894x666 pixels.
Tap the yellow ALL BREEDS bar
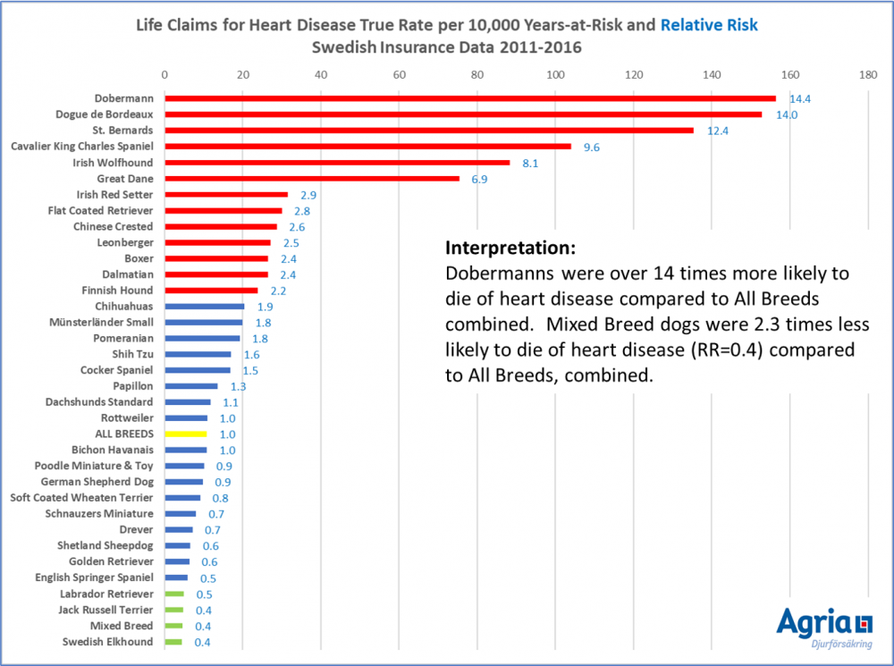(186, 434)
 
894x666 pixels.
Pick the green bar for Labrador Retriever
(174, 594)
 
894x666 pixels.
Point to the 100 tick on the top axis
(555, 75)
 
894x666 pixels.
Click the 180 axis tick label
(868, 75)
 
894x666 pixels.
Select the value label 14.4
(798, 99)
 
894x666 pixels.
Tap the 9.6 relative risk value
(591, 148)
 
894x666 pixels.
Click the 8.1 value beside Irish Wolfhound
(529, 164)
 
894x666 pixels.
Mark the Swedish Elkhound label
(107, 642)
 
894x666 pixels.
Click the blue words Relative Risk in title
(710, 26)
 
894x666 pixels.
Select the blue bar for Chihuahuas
(204, 307)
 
